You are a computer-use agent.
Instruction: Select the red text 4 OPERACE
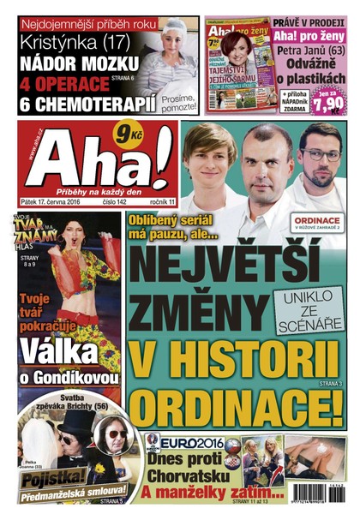(x=60, y=85)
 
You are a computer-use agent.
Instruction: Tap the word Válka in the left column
(x=64, y=351)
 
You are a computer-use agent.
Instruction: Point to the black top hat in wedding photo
(x=71, y=425)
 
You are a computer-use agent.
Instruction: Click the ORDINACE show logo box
(x=315, y=223)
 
